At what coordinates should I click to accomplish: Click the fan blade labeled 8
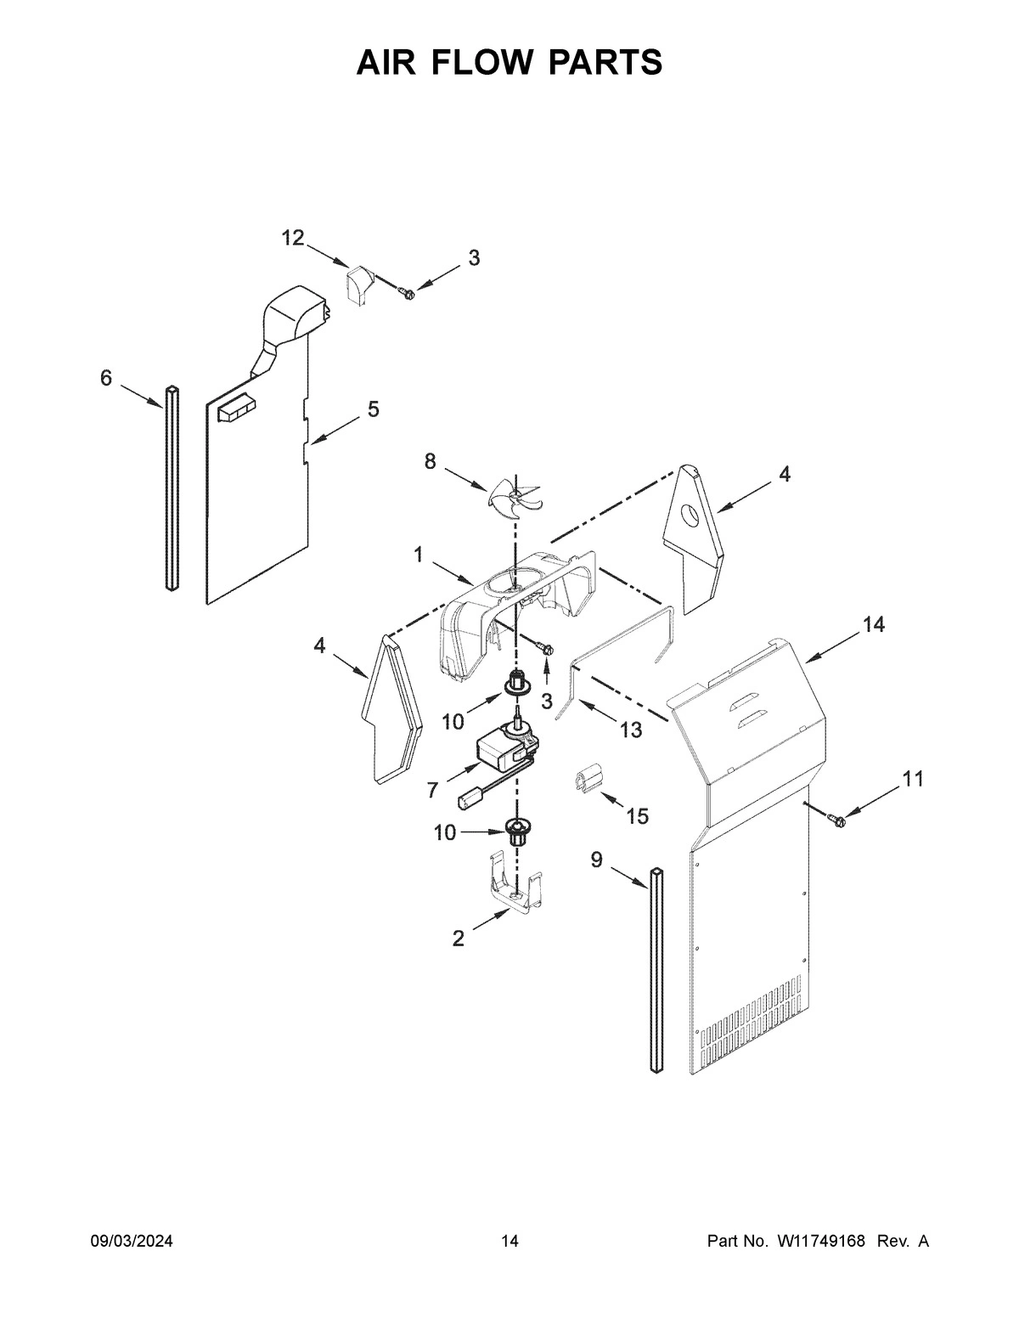[x=515, y=495]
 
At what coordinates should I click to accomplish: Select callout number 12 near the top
[x=293, y=239]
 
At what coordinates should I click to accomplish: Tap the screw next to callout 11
[x=836, y=818]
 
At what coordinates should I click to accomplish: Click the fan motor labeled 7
[x=506, y=747]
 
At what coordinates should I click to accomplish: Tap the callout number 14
[x=873, y=625]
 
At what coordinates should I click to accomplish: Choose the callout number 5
[x=374, y=409]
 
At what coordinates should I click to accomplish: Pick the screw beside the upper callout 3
[x=405, y=293]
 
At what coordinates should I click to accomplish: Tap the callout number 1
[x=419, y=555]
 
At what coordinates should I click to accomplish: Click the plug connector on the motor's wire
[x=470, y=798]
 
